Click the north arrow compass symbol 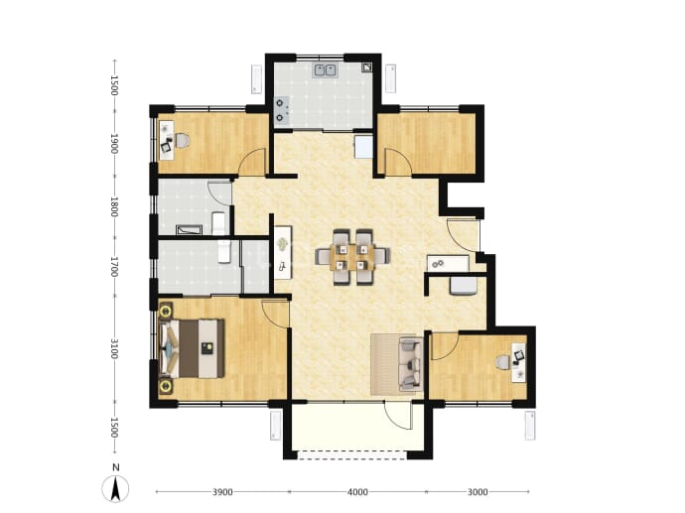click(115, 488)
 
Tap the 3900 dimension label click(222, 492)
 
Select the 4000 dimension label click(357, 492)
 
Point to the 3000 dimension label click(478, 492)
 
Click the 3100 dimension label click(114, 348)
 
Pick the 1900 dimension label click(114, 144)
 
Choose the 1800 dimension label click(114, 207)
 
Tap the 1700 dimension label click(114, 266)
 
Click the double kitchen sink click(325, 70)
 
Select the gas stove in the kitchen click(281, 109)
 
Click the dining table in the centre click(352, 257)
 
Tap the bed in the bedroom click(193, 348)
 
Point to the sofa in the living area click(410, 364)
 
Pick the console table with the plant click(283, 252)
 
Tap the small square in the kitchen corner click(366, 66)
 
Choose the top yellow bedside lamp click(166, 312)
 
